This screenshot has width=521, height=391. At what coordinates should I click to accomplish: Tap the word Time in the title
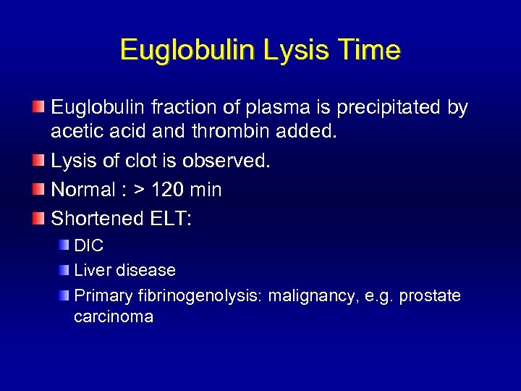(369, 51)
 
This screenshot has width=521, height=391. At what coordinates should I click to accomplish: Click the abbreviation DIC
(89, 246)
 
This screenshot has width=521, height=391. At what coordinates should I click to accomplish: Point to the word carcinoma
(114, 317)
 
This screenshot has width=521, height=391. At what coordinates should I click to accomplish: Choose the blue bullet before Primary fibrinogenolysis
(64, 295)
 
